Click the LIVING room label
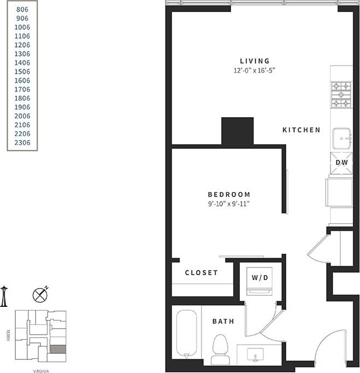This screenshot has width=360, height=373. pyautogui.click(x=255, y=61)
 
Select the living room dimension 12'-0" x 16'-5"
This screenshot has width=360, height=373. pyautogui.click(x=255, y=71)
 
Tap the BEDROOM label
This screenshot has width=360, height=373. pyautogui.click(x=229, y=194)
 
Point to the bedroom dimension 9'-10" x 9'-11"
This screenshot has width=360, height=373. pyautogui.click(x=229, y=204)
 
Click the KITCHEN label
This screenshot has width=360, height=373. pyautogui.click(x=301, y=130)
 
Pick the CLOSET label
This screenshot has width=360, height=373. pyautogui.click(x=201, y=272)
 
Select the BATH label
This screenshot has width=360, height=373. pyautogui.click(x=223, y=321)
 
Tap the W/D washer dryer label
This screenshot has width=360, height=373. pyautogui.click(x=260, y=278)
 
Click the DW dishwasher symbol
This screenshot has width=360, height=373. pyautogui.click(x=341, y=162)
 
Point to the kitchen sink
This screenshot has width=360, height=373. pyautogui.click(x=342, y=138)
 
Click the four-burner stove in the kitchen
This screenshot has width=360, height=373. pyautogui.click(x=342, y=95)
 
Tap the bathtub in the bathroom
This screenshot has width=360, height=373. pyautogui.click(x=187, y=334)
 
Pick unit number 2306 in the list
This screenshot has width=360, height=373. pyautogui.click(x=22, y=143)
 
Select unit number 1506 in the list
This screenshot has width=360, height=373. pyautogui.click(x=22, y=72)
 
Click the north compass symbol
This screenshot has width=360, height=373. pyautogui.click(x=40, y=294)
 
